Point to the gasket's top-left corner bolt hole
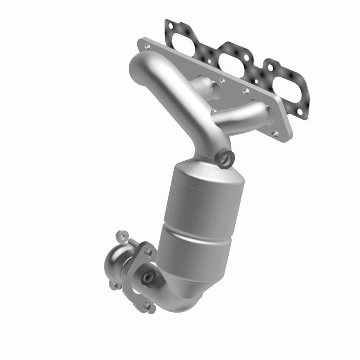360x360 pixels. [169, 25]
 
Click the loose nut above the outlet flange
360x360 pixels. [120, 235]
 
